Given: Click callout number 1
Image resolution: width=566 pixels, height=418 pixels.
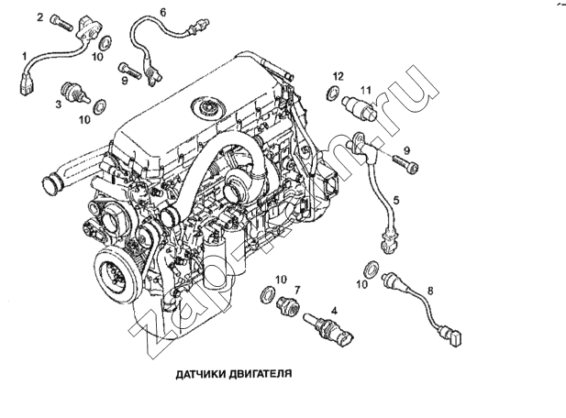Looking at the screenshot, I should coord(25,57).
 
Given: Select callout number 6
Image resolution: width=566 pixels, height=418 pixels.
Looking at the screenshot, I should coord(162,12).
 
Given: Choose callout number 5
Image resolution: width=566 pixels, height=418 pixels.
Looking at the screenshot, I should coord(395,199).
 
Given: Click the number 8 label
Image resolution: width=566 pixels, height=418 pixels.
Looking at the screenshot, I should coord(431,291).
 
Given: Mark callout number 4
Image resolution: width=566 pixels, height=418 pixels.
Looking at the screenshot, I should coord(335,313).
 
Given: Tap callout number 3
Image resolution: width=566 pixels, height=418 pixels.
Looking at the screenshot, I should coord(57,105).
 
